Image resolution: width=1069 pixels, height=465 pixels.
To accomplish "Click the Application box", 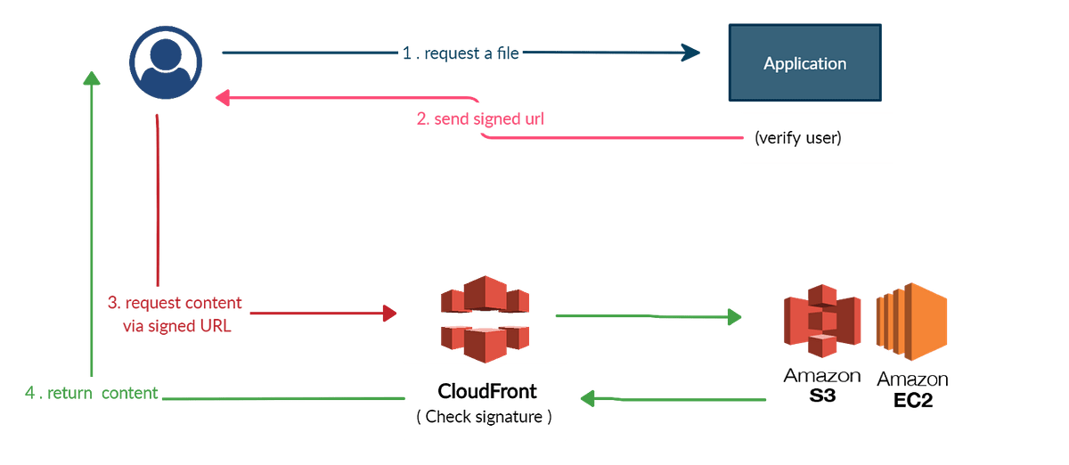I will pos(804,62).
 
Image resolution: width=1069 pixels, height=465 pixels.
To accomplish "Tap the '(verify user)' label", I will pos(797,138).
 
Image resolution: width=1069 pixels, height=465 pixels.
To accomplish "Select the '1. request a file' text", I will pos(460,53).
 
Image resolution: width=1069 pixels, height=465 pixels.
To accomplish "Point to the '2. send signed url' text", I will pos(480,118).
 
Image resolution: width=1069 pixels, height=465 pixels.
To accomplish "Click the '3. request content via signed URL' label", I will pos(175,314).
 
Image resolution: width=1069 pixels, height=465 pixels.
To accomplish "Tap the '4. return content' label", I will pos(92,393).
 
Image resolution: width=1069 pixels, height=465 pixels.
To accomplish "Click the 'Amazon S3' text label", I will pos(821,384).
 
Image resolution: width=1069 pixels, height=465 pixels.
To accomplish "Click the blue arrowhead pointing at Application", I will pos(691,53).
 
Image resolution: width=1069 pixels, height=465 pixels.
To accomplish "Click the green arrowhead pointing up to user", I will pos(91,80).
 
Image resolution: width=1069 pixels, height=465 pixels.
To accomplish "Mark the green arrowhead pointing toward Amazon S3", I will pos(733,316).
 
